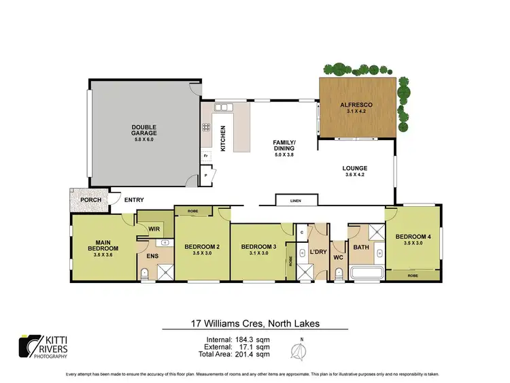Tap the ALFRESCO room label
[x=358, y=105]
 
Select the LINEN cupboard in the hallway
[x=296, y=200]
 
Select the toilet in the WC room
[x=338, y=273]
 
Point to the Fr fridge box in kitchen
[x=205, y=156]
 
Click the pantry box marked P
[x=206, y=176]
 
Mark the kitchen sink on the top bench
[x=222, y=107]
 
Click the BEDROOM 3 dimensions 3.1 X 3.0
[x=256, y=252]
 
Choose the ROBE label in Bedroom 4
[x=413, y=276]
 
